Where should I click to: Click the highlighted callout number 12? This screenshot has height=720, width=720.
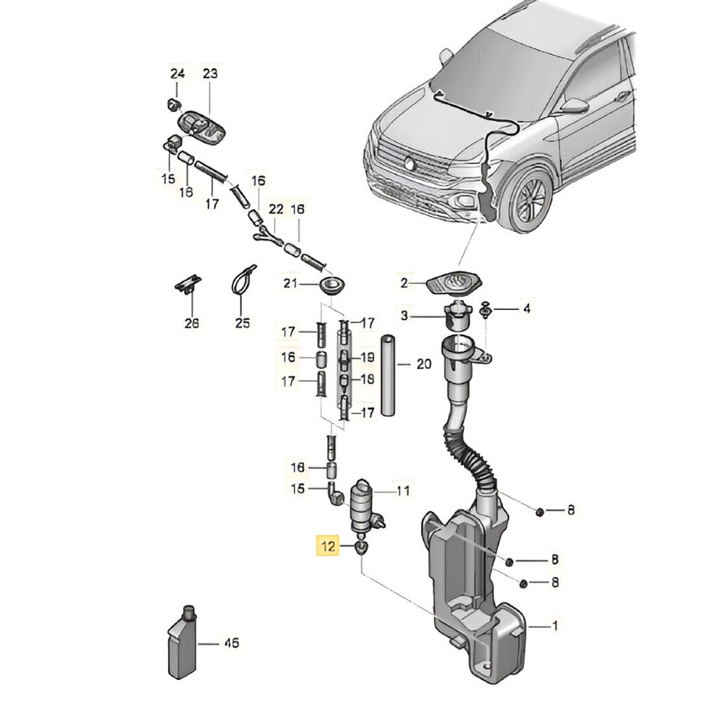click(328, 546)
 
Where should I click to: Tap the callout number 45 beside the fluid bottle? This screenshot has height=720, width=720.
click(232, 643)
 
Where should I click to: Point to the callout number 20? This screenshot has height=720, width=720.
click(423, 364)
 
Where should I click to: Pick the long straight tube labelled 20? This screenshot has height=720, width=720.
click(388, 375)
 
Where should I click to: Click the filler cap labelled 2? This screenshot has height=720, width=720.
click(455, 284)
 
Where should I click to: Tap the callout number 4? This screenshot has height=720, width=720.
click(527, 309)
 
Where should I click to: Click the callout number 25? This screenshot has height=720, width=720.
click(242, 323)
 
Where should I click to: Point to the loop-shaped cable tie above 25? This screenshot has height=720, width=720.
click(243, 281)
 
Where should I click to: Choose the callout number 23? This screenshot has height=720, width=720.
click(210, 73)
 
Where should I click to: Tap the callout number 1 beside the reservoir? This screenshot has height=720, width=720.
click(555, 625)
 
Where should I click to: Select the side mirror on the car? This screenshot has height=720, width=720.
click(574, 105)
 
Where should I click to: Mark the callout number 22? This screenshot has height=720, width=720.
click(276, 210)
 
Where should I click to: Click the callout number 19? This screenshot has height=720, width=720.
click(367, 356)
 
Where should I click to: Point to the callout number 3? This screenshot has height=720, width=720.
click(404, 316)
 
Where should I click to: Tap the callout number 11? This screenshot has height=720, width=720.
click(403, 491)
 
